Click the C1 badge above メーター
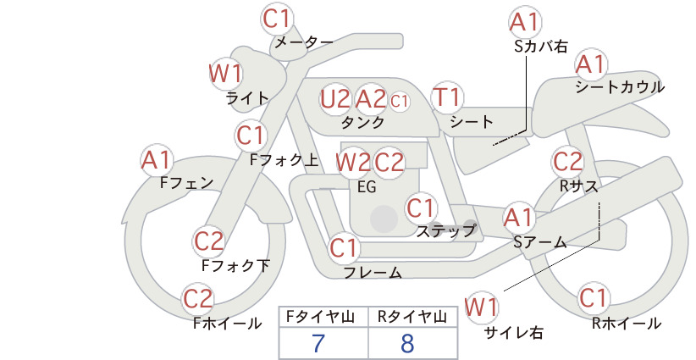(x=276, y=19)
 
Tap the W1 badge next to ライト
(x=225, y=74)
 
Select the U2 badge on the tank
(x=335, y=99)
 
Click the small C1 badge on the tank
(x=399, y=101)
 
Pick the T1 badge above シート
(x=447, y=97)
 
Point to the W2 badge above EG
(x=352, y=163)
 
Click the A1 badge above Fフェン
(x=157, y=160)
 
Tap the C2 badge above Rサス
(x=567, y=162)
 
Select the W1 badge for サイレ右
(x=482, y=307)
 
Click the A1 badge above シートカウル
(x=591, y=65)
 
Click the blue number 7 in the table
(x=318, y=343)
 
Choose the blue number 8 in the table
(x=406, y=343)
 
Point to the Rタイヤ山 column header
(x=412, y=317)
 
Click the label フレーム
(x=373, y=272)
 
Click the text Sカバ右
(x=541, y=47)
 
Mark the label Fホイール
(x=227, y=324)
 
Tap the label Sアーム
(x=540, y=242)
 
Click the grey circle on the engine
(x=384, y=219)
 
